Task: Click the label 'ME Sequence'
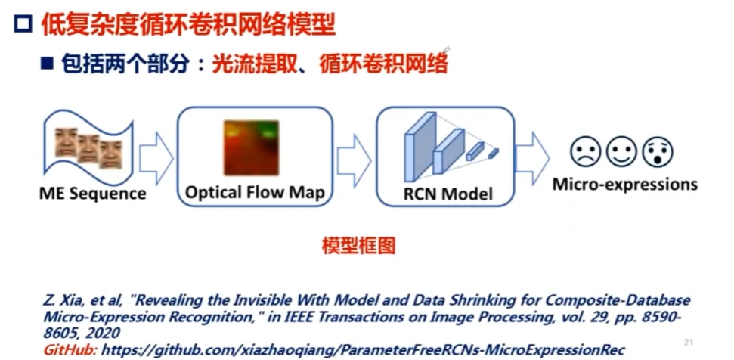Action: point(93,194)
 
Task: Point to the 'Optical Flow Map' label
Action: point(255,192)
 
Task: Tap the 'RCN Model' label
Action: point(448,194)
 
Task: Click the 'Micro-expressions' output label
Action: point(624,184)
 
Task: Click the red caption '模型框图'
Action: point(358,246)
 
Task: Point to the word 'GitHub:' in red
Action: point(70,350)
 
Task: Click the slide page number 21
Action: point(688,340)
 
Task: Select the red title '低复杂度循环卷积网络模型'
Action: point(187,25)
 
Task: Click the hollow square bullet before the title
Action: point(23,26)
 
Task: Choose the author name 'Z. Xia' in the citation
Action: point(62,300)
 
